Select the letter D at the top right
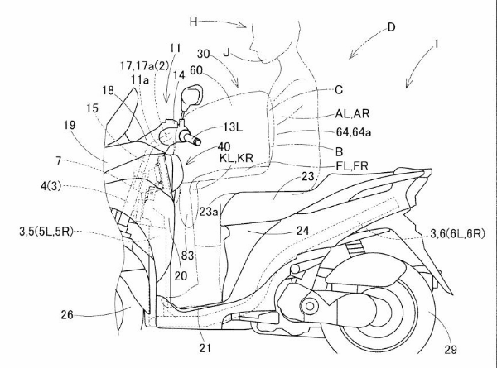point(390,27)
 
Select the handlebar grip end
point(200,141)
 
